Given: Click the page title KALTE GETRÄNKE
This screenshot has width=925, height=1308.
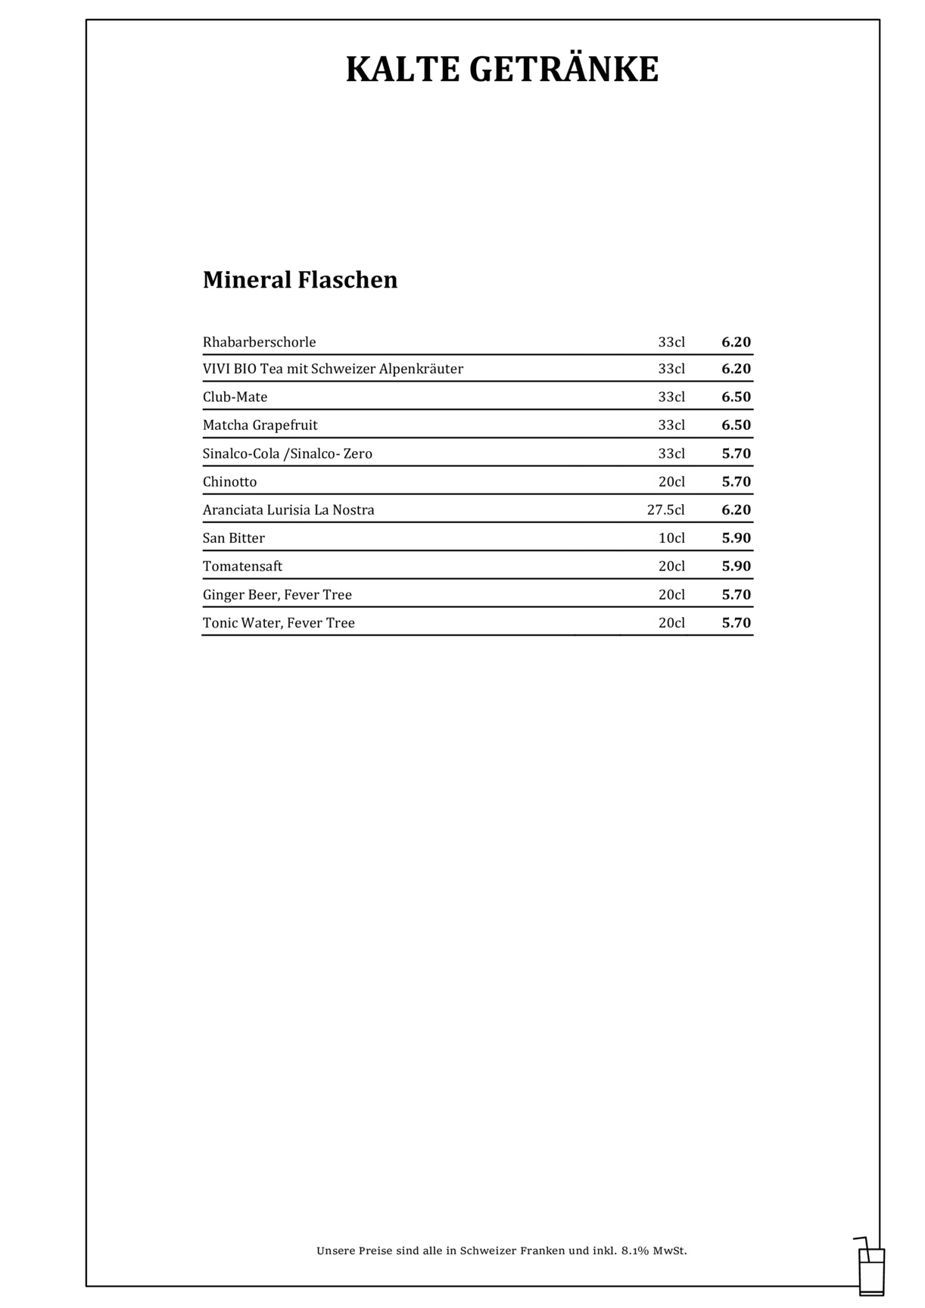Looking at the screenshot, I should (502, 70).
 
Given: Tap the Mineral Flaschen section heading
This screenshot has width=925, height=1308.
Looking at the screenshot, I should (300, 280).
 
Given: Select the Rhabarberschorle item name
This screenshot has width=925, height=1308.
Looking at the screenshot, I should (259, 342).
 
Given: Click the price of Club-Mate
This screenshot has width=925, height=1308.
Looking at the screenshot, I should (736, 397).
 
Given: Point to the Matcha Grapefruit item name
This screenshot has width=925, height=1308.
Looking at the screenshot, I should (260, 425).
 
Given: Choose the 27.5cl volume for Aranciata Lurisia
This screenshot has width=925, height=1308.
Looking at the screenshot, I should (665, 510).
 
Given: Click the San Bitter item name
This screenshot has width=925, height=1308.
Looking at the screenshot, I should (233, 538).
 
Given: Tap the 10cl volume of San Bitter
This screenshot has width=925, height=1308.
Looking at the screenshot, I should (671, 538).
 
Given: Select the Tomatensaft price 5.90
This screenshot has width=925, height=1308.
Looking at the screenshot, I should (736, 566).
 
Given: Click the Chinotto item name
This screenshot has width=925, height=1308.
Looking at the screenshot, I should (229, 482).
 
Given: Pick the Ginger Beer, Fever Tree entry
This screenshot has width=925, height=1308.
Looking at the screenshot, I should (277, 595).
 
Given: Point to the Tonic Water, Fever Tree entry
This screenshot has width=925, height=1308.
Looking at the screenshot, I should (279, 623).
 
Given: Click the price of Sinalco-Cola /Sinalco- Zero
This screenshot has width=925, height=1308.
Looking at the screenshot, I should (736, 454).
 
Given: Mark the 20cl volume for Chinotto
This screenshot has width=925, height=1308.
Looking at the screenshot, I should (671, 482).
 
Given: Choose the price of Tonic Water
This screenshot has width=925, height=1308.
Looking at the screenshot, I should (736, 623).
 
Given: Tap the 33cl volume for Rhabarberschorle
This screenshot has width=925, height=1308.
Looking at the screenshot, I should (671, 342).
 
